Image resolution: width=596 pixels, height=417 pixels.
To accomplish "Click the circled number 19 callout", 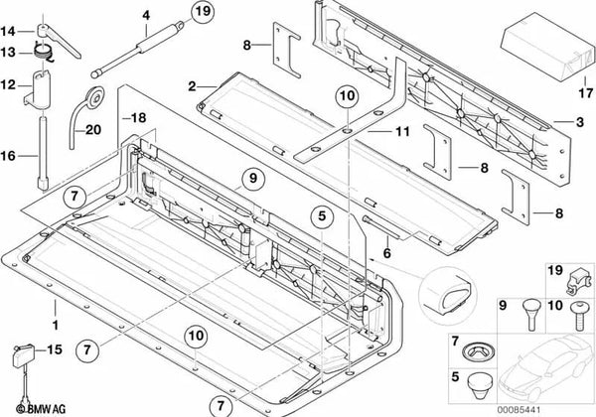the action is click(x=203, y=11).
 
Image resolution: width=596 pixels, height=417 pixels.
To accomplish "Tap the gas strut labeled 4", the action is click(x=138, y=49).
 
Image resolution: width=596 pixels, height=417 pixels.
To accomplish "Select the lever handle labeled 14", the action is click(x=59, y=41).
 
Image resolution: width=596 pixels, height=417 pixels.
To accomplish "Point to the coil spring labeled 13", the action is click(x=43, y=52).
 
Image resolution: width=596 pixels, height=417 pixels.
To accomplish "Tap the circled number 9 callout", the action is click(x=253, y=178).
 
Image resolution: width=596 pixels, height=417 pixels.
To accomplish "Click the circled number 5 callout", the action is click(x=322, y=216).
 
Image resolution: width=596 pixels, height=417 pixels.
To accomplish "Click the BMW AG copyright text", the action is click(x=41, y=409).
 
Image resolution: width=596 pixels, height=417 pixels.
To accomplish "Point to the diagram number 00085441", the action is click(x=519, y=410).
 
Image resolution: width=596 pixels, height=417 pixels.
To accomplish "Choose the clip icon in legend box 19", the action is click(x=578, y=281).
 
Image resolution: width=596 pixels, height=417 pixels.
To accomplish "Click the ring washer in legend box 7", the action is click(x=479, y=351).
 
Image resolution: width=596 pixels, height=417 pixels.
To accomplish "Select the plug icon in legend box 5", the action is click(x=480, y=386).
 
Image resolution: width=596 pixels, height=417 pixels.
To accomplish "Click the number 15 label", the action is click(x=54, y=349).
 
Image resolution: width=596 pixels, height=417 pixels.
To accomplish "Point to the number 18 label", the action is click(x=139, y=118).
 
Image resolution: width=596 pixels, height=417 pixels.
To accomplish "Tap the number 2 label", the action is click(x=192, y=86).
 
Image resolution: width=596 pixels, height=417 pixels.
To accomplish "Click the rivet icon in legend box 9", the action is click(x=531, y=315).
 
